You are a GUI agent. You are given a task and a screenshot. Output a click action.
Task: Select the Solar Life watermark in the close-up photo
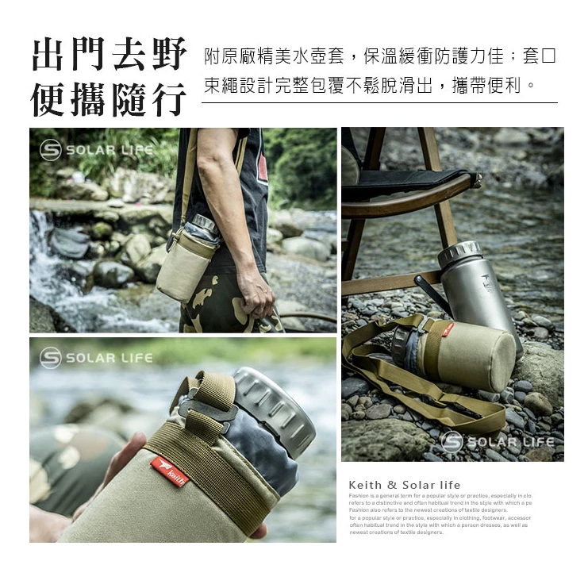pyautogui.click(x=96, y=358)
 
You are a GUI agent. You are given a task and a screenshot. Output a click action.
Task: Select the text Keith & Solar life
pyautogui.click(x=404, y=485)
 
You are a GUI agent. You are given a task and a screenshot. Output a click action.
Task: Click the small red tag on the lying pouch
pyautogui.click(x=448, y=329)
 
